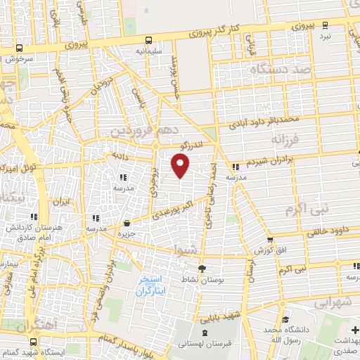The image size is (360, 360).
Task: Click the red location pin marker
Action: (x=181, y=165)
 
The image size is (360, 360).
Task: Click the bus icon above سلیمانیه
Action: (x=148, y=40)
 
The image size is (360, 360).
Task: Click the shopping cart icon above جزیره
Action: (x=125, y=222)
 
